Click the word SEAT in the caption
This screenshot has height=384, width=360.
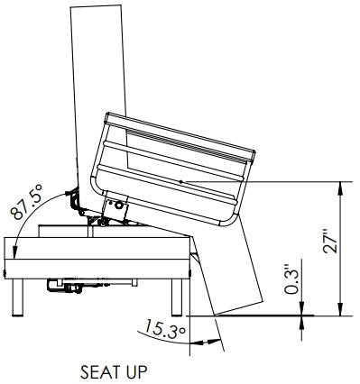(x=98, y=370)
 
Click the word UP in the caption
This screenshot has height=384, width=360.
(x=132, y=370)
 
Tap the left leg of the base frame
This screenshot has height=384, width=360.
(x=18, y=297)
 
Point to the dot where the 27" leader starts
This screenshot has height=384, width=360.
(x=181, y=182)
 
